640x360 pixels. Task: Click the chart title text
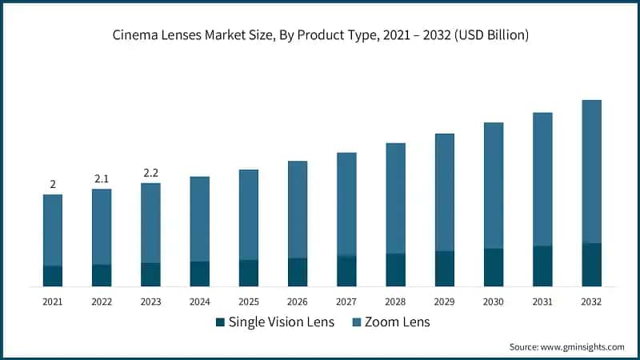(x=320, y=35)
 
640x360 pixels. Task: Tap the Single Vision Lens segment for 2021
(x=53, y=276)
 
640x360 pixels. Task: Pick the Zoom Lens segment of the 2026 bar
(x=298, y=210)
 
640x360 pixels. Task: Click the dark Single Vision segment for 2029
(x=445, y=269)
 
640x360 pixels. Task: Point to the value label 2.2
(x=150, y=173)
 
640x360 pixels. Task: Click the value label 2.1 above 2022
(x=102, y=179)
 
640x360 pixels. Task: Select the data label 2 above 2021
(x=53, y=185)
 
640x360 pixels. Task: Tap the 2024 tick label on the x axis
(x=199, y=302)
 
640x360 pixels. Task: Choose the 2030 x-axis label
(x=494, y=302)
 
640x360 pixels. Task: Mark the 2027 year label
(x=346, y=302)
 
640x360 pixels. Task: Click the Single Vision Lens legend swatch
(x=220, y=322)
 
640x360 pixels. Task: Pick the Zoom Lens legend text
(x=397, y=322)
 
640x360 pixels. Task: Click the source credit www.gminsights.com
(x=566, y=346)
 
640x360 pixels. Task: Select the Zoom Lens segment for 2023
(x=150, y=223)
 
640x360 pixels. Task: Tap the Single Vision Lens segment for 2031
(x=542, y=266)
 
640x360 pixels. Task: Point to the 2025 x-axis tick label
(x=249, y=302)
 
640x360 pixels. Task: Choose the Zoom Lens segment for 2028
(x=396, y=198)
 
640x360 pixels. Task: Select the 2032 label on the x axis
(x=591, y=302)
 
